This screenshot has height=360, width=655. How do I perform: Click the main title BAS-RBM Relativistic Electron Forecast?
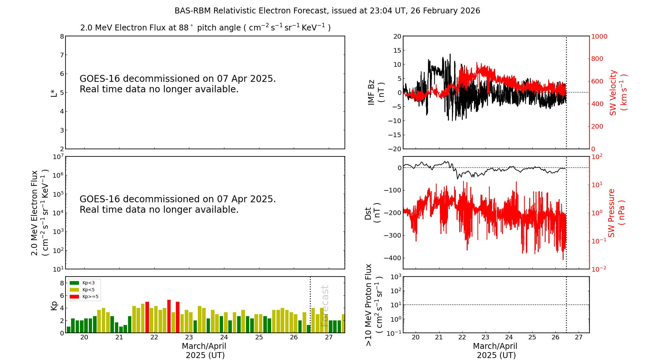(x=327, y=11)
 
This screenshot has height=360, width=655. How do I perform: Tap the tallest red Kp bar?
(x=169, y=316)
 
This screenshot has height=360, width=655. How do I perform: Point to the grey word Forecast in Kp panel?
(x=325, y=306)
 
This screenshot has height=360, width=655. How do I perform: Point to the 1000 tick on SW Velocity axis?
(x=599, y=36)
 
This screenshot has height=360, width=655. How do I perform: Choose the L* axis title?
(x=54, y=93)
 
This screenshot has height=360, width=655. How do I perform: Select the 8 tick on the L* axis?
(x=62, y=36)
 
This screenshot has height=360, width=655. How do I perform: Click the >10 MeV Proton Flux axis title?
(x=374, y=305)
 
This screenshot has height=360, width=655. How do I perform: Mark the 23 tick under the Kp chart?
(x=189, y=337)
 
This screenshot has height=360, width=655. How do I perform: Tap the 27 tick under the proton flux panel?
(x=579, y=337)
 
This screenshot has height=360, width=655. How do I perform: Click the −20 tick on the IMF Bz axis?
(x=394, y=149)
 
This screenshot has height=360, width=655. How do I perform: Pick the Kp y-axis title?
(x=54, y=305)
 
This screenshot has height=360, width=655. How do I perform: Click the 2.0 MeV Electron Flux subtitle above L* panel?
(x=205, y=27)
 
